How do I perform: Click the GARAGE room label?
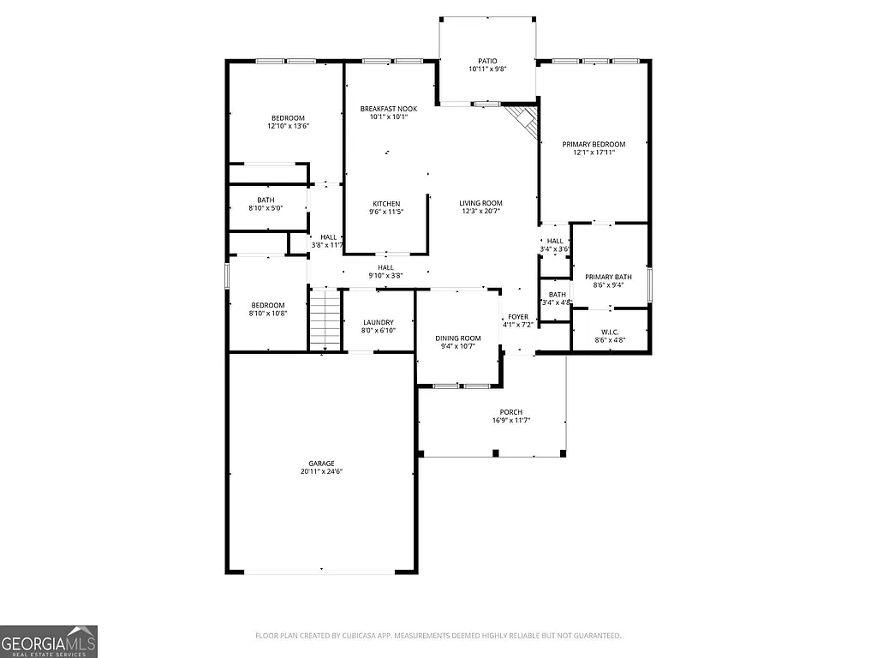[x=322, y=463]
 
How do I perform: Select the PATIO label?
[x=487, y=60]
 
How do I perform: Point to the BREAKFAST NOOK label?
[x=388, y=109]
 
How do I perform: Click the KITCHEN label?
[x=386, y=204]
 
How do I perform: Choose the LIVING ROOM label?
[x=480, y=203]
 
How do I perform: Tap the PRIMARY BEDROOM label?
[x=594, y=144]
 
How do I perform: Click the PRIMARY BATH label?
[x=608, y=277]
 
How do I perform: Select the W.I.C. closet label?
[x=609, y=331]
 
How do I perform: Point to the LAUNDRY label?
[x=378, y=322]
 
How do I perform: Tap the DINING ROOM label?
[x=460, y=338]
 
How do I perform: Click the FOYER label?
[x=518, y=317]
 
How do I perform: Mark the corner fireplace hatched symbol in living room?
[x=522, y=119]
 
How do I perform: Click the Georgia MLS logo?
[x=49, y=641]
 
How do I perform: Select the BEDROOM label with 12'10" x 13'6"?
[x=288, y=117]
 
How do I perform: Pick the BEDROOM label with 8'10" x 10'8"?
[x=267, y=305]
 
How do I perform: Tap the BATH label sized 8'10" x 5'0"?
[x=265, y=200]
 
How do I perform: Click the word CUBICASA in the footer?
[x=363, y=636]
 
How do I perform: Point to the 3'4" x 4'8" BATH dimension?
[x=557, y=302]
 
